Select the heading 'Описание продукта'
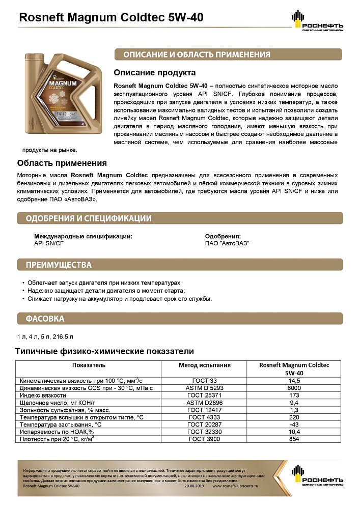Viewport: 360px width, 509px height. [x=154, y=73]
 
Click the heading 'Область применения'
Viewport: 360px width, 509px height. [x=62, y=163]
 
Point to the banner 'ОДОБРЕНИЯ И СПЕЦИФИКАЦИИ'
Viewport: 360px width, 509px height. [x=86, y=218]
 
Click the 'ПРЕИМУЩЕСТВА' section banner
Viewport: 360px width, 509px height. [x=56, y=265]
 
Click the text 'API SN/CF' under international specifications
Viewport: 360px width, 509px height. [x=49, y=243]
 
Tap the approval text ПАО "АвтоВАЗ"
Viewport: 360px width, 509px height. [x=227, y=243]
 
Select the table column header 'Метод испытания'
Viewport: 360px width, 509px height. [x=204, y=365]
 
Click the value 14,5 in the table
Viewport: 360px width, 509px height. [x=294, y=380]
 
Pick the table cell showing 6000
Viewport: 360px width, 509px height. [x=294, y=388]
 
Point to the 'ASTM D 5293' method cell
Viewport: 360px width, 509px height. [x=204, y=388]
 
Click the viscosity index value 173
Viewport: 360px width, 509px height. [x=294, y=395]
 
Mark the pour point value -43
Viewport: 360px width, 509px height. [x=294, y=425]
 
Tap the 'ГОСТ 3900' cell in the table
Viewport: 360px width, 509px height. [x=204, y=439]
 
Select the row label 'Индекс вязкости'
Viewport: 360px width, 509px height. [x=43, y=395]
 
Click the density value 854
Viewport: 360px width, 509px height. [x=294, y=439]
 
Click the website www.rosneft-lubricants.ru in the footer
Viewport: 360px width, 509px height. [x=236, y=486]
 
